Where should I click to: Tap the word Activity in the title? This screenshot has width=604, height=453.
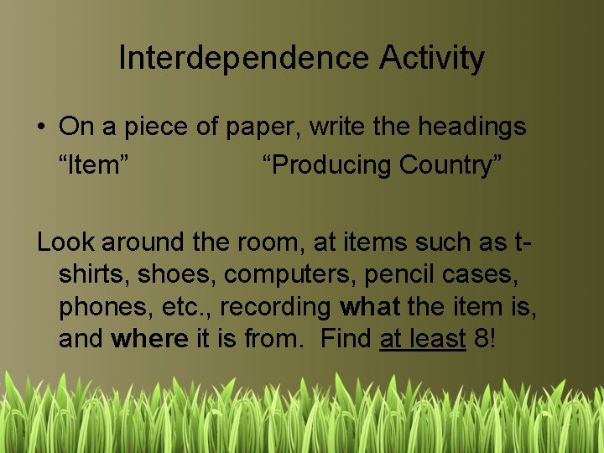coord(432,58)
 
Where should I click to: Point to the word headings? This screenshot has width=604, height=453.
coord(472,128)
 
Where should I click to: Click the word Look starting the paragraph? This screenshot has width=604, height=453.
coord(65,242)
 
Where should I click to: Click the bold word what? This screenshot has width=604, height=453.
coord(371,307)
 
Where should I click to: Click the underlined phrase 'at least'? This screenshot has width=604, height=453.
coord(423,340)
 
